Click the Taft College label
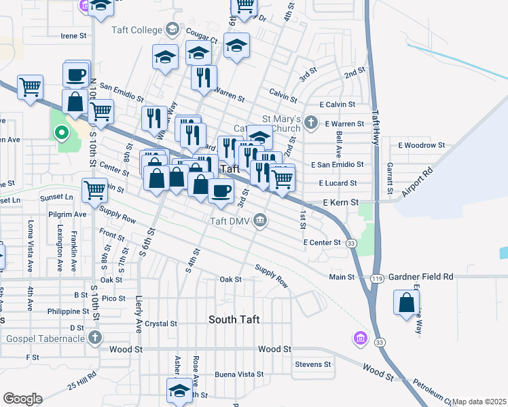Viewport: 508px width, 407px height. pyautogui.click(x=137, y=30)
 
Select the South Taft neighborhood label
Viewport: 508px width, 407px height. pyautogui.click(x=234, y=319)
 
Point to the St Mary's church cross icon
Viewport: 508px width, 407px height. pyautogui.click(x=311, y=123)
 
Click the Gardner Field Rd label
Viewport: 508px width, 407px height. pyautogui.click(x=421, y=277)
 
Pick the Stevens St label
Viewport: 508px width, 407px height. pyautogui.click(x=312, y=364)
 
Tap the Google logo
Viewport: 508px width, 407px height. pyautogui.click(x=22, y=399)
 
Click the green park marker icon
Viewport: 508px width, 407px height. pyautogui.click(x=61, y=133)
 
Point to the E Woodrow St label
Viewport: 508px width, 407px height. pyautogui.click(x=421, y=145)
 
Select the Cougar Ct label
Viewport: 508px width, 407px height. pyautogui.click(x=203, y=40)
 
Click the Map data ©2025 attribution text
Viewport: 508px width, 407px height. pyautogui.click(x=479, y=402)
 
